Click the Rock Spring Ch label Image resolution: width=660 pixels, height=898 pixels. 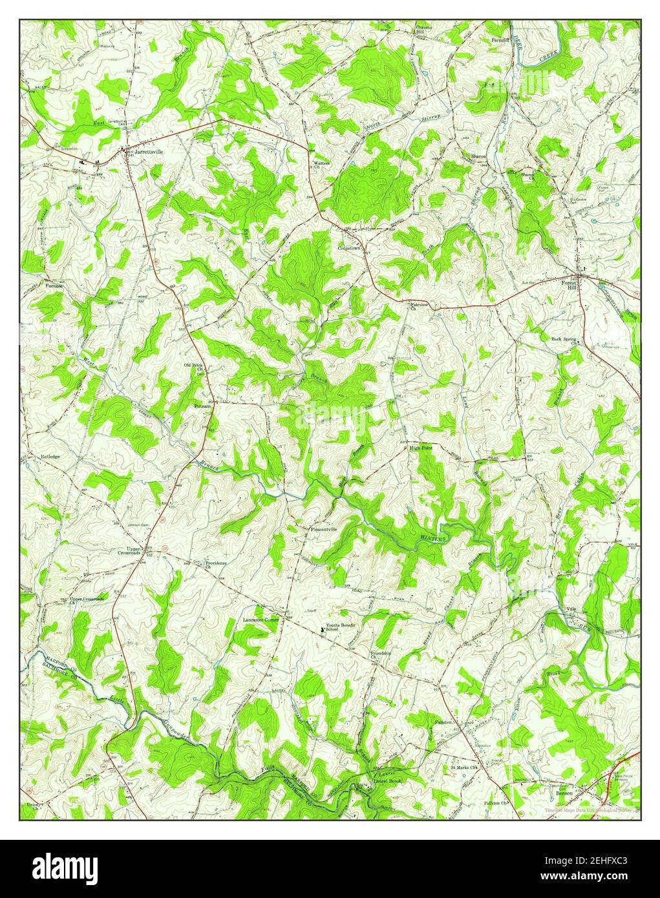point(564,340)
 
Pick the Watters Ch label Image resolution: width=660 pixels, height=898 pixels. point(321,165)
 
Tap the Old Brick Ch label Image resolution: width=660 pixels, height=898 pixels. point(194,368)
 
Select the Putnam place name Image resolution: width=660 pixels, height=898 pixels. point(202,406)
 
